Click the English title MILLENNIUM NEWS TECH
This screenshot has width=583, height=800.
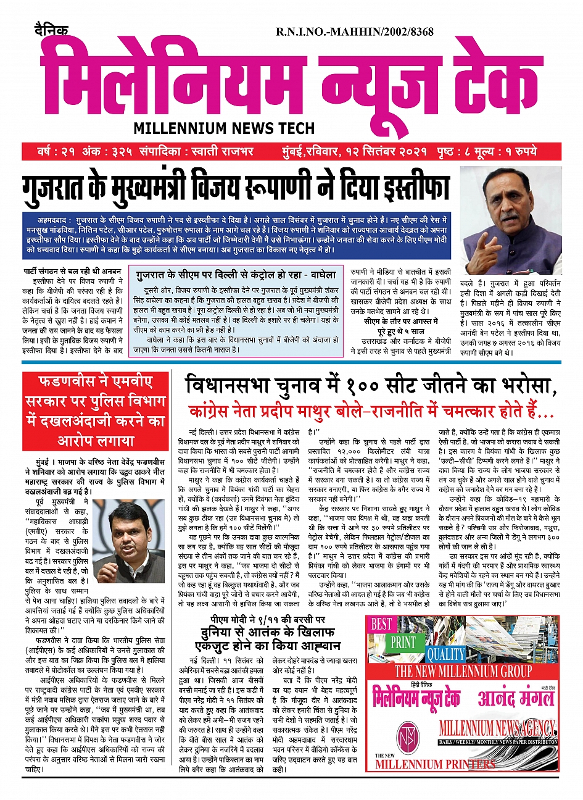click(224, 128)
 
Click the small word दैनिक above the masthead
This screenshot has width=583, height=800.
click(51, 30)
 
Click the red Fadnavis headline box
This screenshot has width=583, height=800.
click(96, 410)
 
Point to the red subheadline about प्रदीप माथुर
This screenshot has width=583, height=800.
click(371, 411)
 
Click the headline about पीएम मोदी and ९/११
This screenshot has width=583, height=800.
click(267, 633)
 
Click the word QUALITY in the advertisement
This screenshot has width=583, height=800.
click(446, 654)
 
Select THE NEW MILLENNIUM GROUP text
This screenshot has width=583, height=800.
click(463, 671)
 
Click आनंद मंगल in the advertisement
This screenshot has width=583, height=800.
click(516, 698)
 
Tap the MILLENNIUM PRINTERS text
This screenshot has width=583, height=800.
click(435, 764)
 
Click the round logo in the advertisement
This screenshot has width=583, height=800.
click(406, 735)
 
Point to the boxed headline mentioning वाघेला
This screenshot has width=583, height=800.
click(236, 275)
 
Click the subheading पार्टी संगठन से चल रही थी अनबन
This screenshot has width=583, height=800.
click(72, 271)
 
